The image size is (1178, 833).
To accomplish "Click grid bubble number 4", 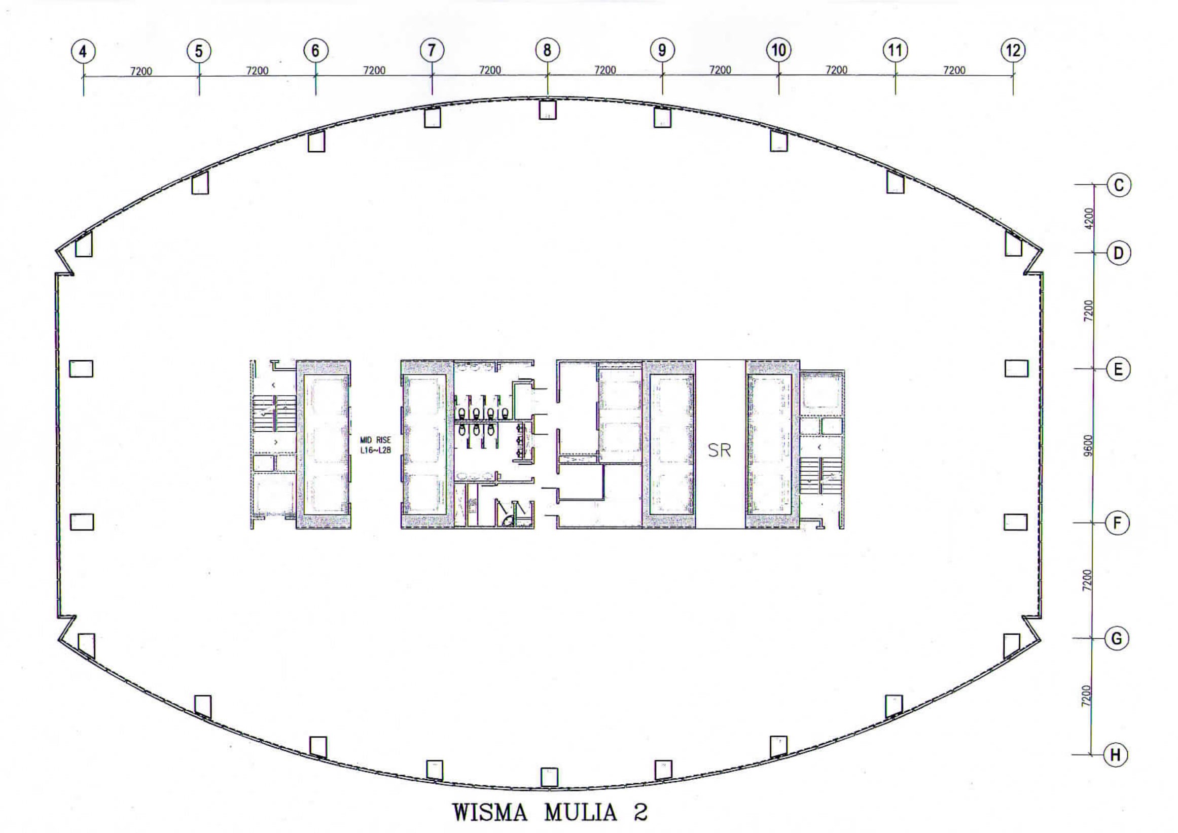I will (84, 51).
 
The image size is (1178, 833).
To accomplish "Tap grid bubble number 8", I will (548, 50).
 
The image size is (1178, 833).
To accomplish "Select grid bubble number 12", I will (1013, 50).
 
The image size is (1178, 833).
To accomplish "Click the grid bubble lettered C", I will (1119, 185).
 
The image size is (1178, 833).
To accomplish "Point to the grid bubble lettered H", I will (1115, 754).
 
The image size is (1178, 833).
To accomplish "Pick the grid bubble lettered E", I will (1118, 369).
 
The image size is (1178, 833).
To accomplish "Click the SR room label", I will (719, 450).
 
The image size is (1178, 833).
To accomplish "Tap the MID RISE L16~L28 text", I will (375, 445).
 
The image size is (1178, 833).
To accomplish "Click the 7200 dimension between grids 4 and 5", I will (141, 71).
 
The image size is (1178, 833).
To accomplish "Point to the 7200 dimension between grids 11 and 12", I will (954, 70).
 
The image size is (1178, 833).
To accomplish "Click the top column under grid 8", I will (548, 109).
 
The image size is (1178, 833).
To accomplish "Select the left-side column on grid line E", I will (82, 368).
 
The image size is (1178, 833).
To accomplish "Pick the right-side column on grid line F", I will (1016, 522).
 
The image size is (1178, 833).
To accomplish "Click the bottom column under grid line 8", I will (549, 777).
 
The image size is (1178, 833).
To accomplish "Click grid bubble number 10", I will (778, 50).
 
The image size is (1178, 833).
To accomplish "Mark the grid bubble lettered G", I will (1117, 639).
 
